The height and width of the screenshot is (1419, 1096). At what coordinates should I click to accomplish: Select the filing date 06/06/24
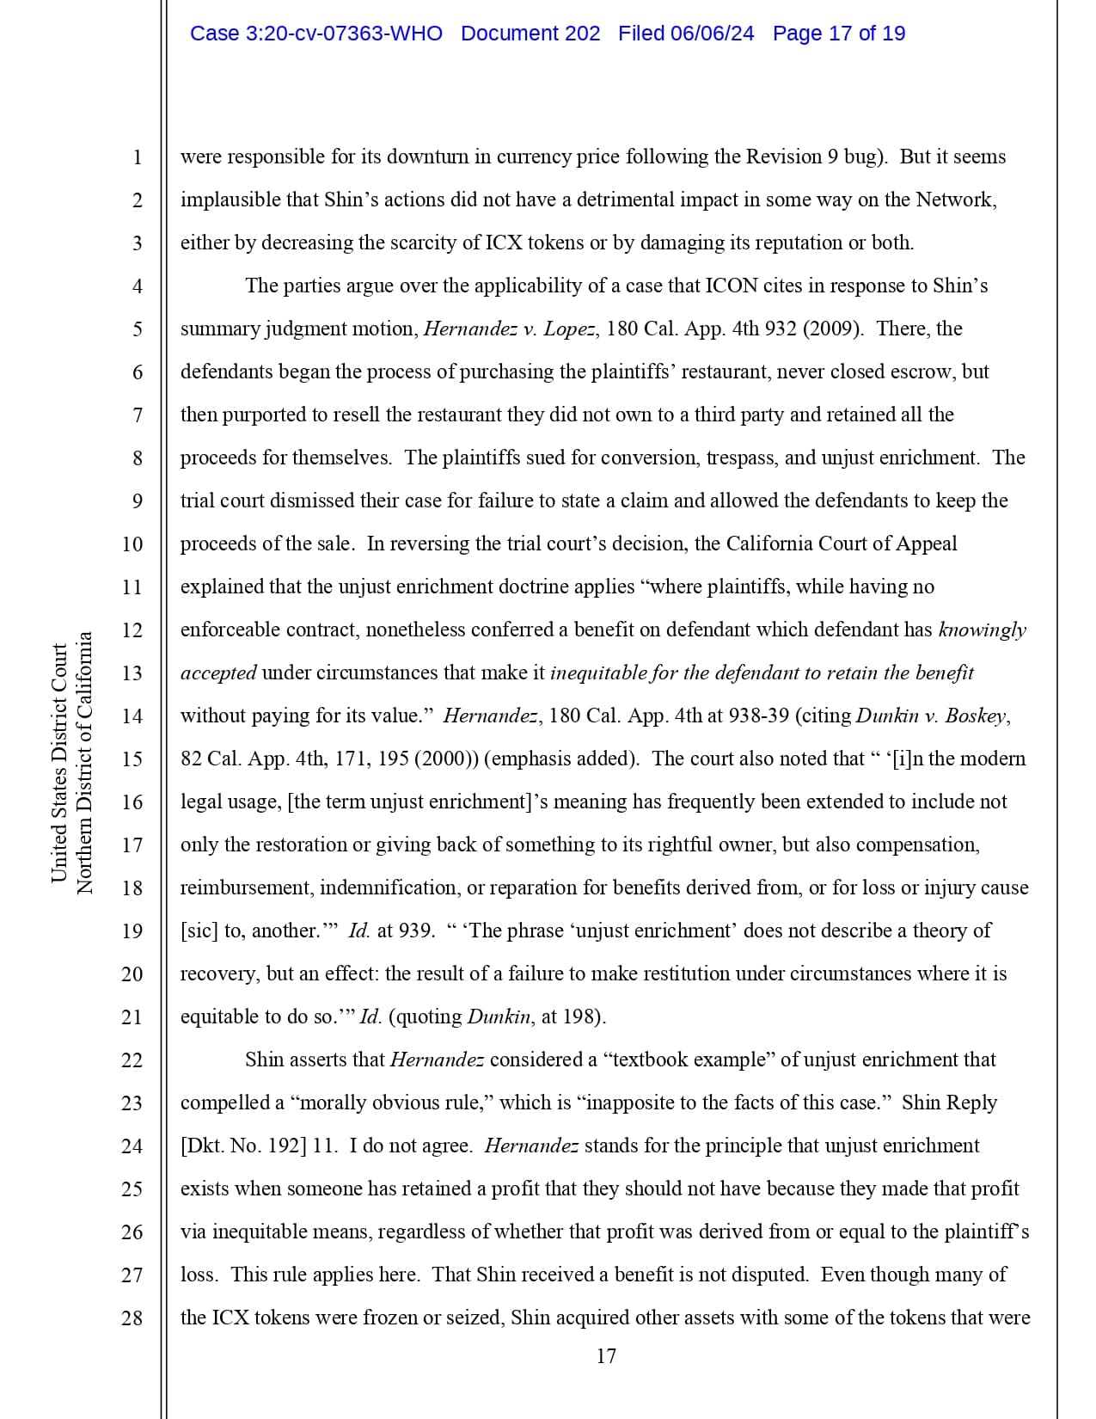712,34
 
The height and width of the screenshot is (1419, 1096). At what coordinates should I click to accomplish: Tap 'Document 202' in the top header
530,34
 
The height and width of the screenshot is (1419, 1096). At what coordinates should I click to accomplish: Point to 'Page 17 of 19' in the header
838,34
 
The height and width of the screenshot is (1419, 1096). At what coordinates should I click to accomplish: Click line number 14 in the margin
132,716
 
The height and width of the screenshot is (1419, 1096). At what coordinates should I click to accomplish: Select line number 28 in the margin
132,1318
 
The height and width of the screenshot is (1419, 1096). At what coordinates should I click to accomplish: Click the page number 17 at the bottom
606,1356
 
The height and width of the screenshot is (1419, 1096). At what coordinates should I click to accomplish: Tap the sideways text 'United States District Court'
59,763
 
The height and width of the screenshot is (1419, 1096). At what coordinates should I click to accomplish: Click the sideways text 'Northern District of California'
84,763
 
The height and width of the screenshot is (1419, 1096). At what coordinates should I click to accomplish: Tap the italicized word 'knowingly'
983,630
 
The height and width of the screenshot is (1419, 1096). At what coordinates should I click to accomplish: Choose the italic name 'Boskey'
975,716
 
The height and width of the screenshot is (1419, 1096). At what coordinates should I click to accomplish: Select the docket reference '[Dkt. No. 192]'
243,1146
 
